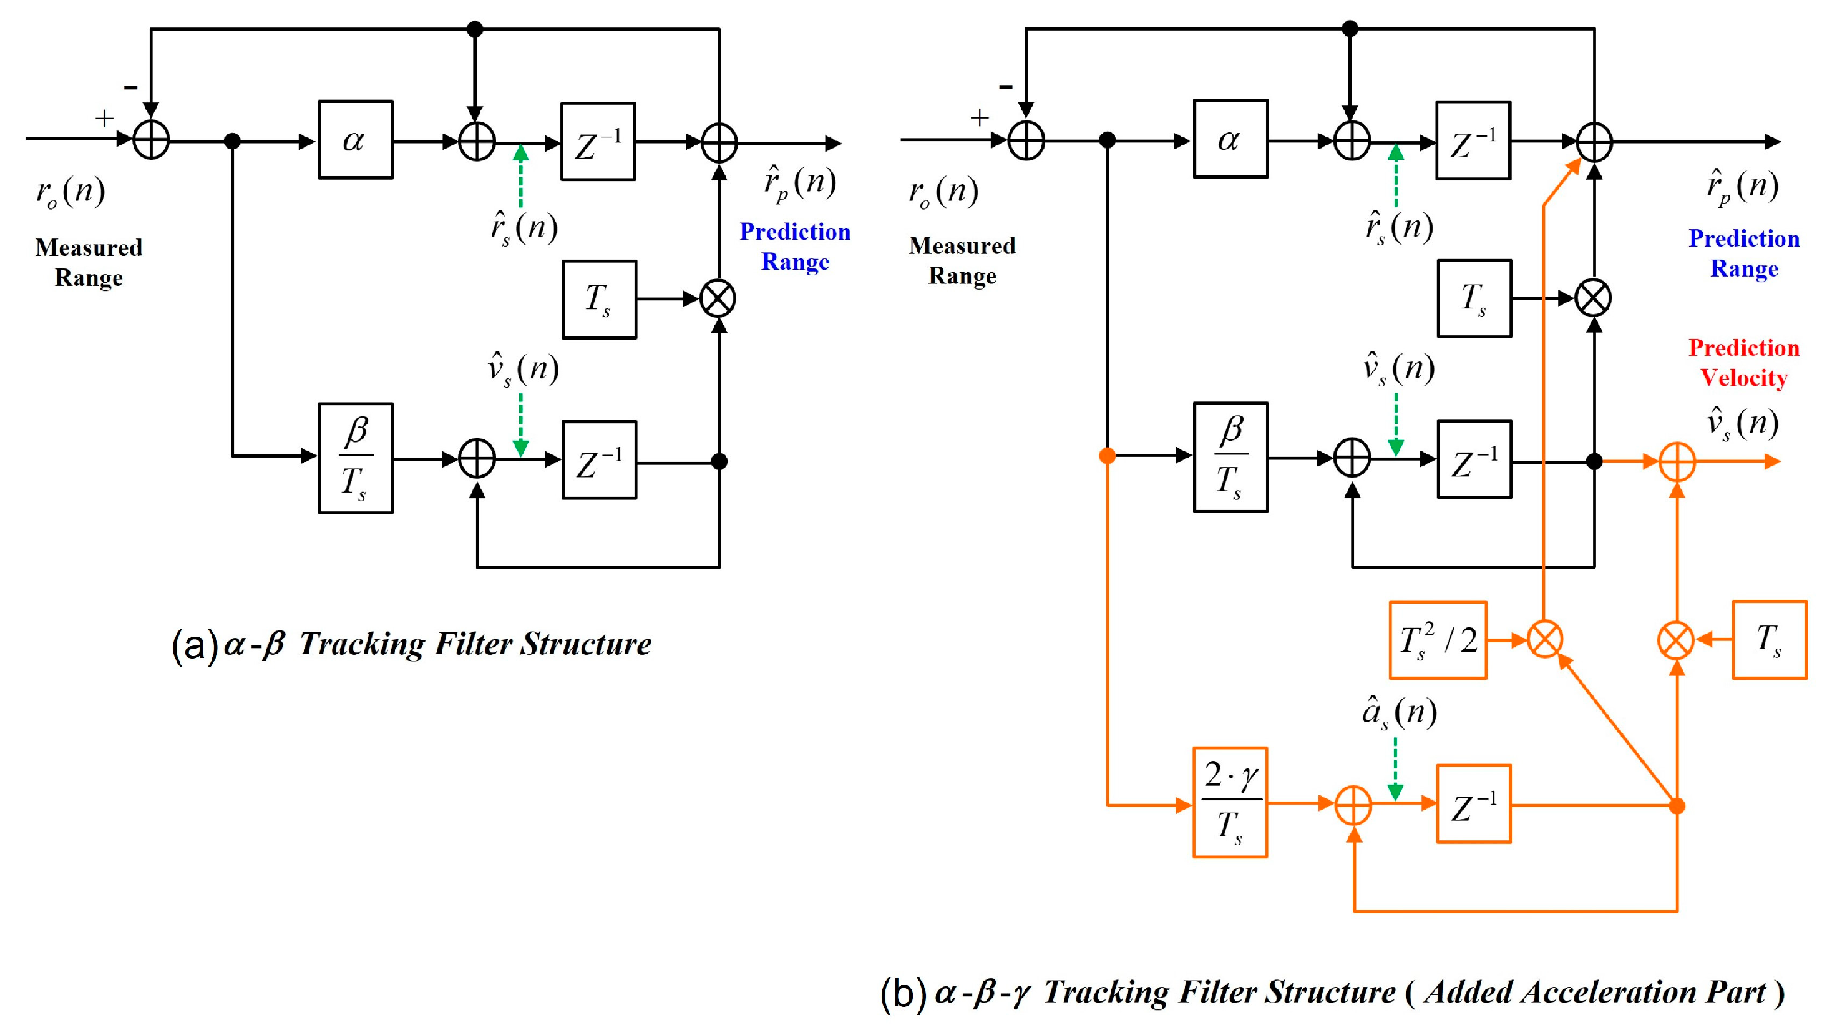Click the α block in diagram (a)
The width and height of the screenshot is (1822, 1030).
(x=355, y=139)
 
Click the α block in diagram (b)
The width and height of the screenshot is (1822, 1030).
(x=1230, y=139)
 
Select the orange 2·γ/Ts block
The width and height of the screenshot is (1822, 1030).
(x=1230, y=802)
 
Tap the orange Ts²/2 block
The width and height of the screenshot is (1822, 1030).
(x=1437, y=640)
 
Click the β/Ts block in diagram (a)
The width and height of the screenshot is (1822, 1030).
(x=355, y=458)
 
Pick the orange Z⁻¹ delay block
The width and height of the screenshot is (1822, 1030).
(x=1473, y=803)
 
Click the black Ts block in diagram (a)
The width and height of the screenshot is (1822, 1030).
(x=599, y=299)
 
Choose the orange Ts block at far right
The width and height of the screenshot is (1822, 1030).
(x=1769, y=640)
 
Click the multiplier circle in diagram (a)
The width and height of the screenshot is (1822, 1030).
(x=718, y=298)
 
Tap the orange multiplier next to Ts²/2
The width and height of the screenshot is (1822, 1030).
(x=1545, y=640)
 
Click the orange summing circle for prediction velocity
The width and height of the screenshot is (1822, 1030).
(x=1677, y=462)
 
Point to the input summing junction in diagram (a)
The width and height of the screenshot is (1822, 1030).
(x=152, y=139)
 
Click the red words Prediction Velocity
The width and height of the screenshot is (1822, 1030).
(x=1743, y=363)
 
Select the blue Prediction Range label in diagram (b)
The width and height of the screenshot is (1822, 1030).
(x=1743, y=253)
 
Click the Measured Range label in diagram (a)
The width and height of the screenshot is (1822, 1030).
(x=89, y=262)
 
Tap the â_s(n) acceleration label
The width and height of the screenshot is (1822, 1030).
(x=1399, y=713)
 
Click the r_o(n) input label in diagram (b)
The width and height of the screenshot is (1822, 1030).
(x=943, y=192)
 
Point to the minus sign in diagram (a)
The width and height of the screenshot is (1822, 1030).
(x=131, y=87)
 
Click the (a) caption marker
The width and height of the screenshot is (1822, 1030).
(x=194, y=645)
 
